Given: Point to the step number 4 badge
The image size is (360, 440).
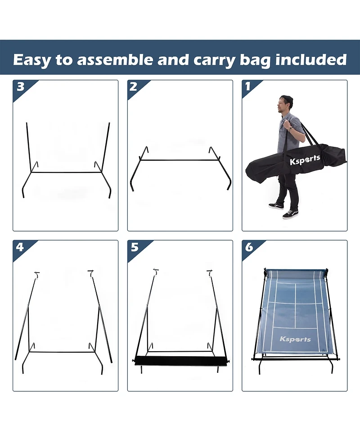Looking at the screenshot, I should pos(20,247).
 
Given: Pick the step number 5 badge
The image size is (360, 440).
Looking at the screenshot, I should pos(134,247).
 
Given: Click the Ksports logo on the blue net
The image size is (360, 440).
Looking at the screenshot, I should pos(295,339).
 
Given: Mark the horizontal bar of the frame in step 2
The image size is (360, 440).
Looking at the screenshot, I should pos(180,160).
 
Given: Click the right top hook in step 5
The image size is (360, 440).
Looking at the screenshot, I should pos(209,272).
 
